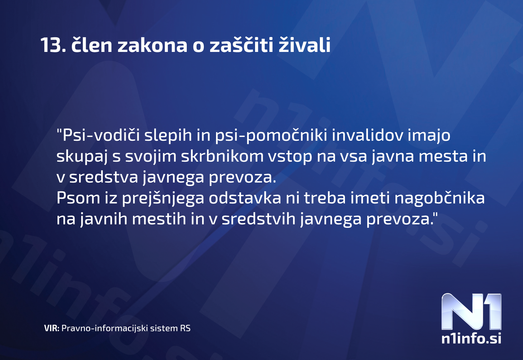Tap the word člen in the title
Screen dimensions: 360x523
[x=92, y=45]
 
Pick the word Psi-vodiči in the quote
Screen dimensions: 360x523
[x=101, y=135]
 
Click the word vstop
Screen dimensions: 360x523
[x=290, y=156]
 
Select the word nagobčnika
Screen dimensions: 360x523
[x=439, y=198]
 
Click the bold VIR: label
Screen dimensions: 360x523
[x=52, y=328]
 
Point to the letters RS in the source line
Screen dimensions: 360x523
[x=185, y=328]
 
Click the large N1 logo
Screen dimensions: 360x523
[x=471, y=312]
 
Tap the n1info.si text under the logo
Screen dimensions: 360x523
[x=471, y=338]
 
